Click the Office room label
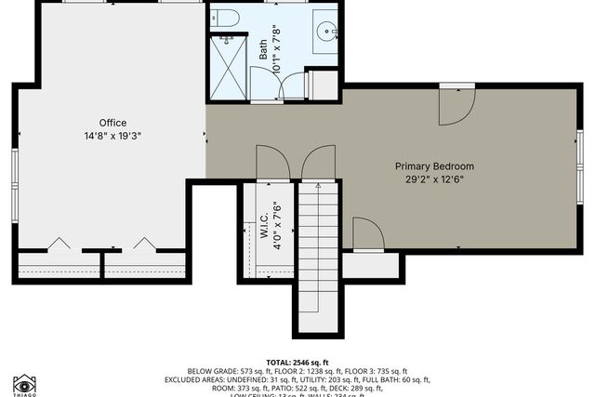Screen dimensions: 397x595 [x=113, y=123]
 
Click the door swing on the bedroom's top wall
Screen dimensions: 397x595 [x=455, y=107]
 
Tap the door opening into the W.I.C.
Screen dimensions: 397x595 [x=272, y=163]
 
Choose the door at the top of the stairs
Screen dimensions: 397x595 [x=318, y=163]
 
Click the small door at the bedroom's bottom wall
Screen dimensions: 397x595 [x=367, y=234]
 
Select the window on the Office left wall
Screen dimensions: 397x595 [x=15, y=176]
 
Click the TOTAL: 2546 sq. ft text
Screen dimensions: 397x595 [x=297, y=361]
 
